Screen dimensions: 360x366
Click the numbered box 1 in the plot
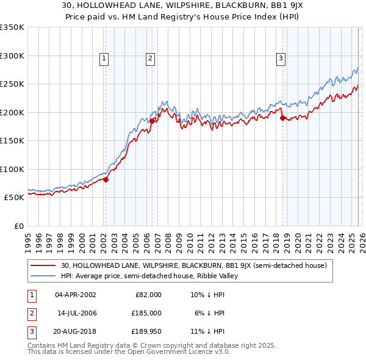coord(105,59)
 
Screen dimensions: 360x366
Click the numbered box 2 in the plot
coord(150,59)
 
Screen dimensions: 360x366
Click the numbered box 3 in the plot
coord(281,59)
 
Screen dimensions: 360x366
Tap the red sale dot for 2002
coord(106,179)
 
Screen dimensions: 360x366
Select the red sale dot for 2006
coord(152,121)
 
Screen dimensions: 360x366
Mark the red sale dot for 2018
coord(282,118)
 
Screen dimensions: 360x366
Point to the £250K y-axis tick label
coord(12,84)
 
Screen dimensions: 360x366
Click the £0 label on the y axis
coord(18,226)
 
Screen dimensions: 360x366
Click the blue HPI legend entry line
coord(44,276)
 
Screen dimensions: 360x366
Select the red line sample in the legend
coord(44,265)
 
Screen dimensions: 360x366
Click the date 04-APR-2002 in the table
coord(76,294)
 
